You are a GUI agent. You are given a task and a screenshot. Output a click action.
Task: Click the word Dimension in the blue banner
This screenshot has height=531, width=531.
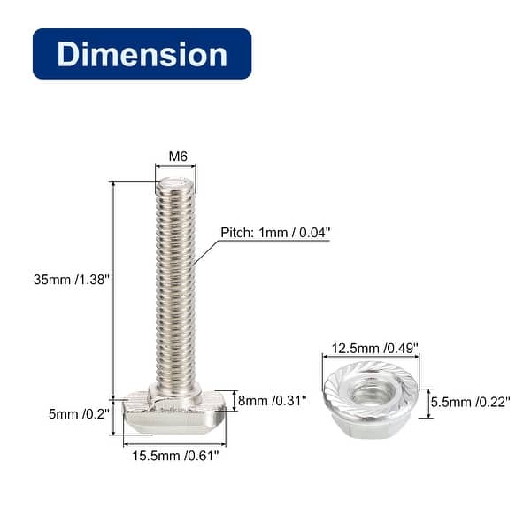tap(142, 54)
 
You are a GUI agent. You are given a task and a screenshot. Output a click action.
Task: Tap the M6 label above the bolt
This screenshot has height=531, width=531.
tap(178, 157)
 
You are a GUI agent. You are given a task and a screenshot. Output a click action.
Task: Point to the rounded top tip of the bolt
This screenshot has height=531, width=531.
tap(175, 184)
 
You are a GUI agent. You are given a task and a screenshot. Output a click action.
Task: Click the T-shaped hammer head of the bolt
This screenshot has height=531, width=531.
tap(174, 415)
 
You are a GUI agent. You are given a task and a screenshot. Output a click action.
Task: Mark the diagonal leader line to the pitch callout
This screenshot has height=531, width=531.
tap(205, 252)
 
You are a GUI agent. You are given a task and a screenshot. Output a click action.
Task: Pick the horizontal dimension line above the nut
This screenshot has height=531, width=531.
tap(371, 358)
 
